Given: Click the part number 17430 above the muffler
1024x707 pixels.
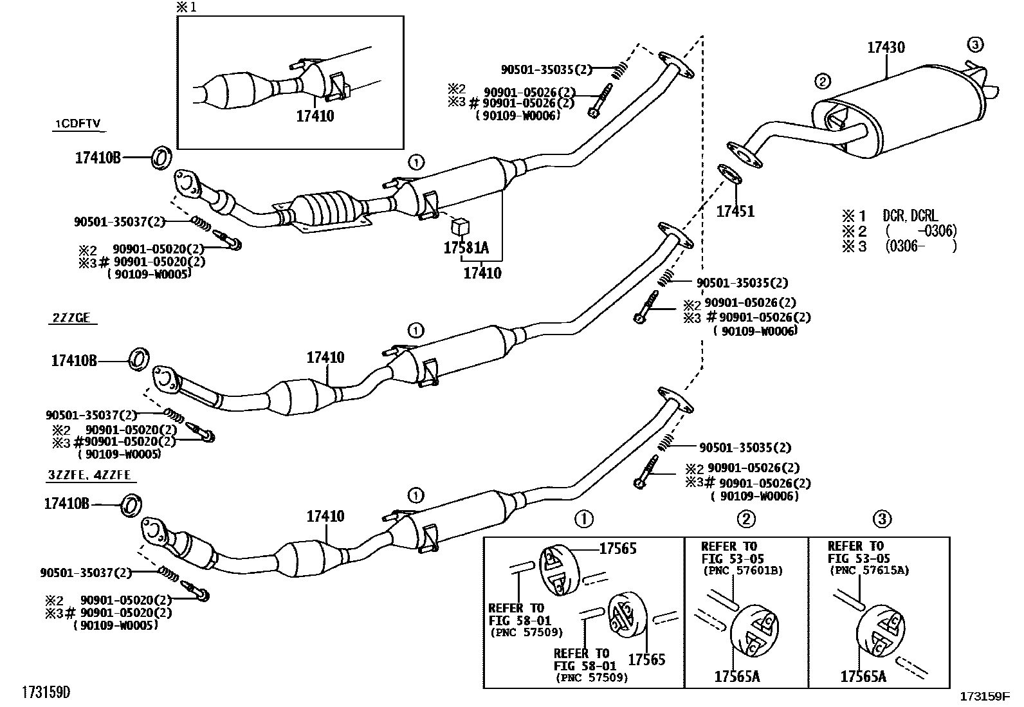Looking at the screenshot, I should (x=886, y=47).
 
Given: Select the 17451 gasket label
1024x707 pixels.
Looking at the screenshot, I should (x=735, y=211).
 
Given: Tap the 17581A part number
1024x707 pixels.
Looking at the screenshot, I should (x=466, y=248).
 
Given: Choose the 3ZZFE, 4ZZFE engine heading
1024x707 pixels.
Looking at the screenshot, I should (x=89, y=475).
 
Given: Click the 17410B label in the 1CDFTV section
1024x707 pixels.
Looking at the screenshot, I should (x=98, y=158).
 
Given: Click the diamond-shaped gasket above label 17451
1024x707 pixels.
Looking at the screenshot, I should (x=727, y=174).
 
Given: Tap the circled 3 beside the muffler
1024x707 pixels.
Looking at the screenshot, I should (x=975, y=44).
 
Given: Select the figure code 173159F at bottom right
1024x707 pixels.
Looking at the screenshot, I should (x=985, y=696).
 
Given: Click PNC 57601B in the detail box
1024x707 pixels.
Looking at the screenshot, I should (x=743, y=571).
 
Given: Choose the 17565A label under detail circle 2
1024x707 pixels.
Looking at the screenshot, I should (x=737, y=676).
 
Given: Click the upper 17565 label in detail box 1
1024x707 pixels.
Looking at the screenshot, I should (x=617, y=549).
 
